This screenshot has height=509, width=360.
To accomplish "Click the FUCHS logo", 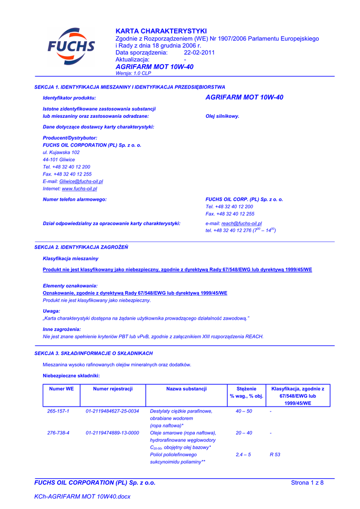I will [71, 47].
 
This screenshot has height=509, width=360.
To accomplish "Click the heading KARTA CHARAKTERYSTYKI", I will [154, 31].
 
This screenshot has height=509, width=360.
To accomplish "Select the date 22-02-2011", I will [199, 53].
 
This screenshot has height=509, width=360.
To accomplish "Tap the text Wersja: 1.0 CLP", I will [133, 73].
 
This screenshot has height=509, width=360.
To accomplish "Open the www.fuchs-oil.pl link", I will [79, 189].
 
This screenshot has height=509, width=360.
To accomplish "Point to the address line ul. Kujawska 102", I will [61, 153].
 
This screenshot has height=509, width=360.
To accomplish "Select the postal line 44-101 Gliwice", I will [59, 160].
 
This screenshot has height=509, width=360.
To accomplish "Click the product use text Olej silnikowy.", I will [222, 116].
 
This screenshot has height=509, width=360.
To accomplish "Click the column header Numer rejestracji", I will [113, 389].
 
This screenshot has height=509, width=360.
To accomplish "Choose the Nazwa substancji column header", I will [186, 389].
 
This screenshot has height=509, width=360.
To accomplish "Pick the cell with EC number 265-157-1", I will [58, 411].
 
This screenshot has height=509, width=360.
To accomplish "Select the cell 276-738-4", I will [58, 433].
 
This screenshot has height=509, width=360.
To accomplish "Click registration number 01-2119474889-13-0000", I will [112, 433].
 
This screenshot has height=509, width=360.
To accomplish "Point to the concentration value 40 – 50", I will [244, 411].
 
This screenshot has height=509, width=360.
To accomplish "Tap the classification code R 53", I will [275, 455].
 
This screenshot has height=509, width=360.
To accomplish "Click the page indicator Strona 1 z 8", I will [307, 483].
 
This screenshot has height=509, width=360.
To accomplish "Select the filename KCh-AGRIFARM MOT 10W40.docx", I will [82, 497].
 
